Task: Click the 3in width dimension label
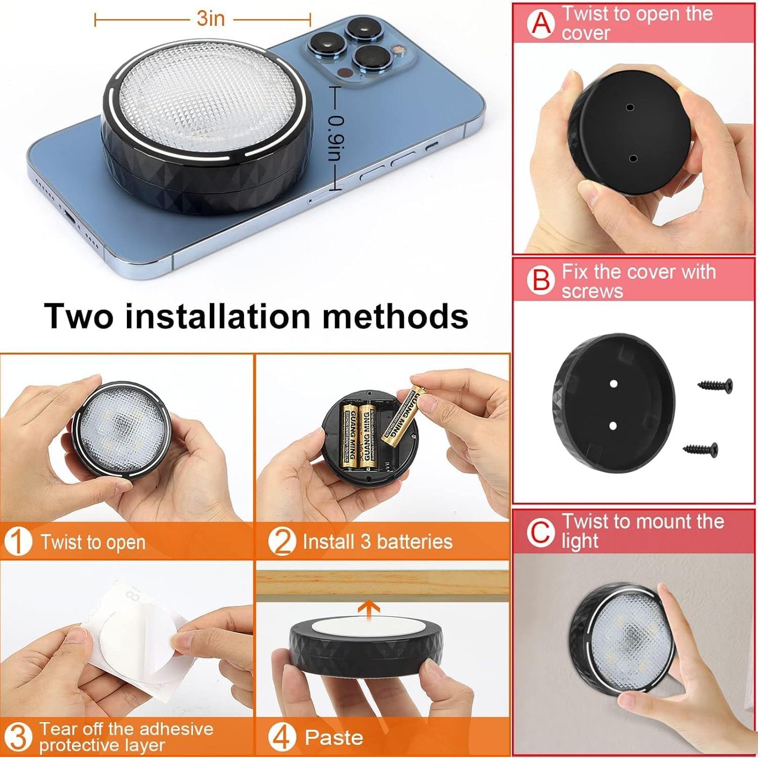click(210, 19)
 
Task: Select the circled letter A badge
click(541, 23)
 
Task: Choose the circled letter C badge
click(541, 532)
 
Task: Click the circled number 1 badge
click(18, 542)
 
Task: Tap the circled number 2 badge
click(281, 542)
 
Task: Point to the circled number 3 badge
click(18, 737)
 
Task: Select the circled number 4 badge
click(281, 737)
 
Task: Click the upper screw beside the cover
click(715, 385)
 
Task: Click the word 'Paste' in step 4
click(334, 738)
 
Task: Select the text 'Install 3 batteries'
click(377, 542)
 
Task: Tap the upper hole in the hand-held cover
click(630, 107)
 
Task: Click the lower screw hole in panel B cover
click(613, 426)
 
